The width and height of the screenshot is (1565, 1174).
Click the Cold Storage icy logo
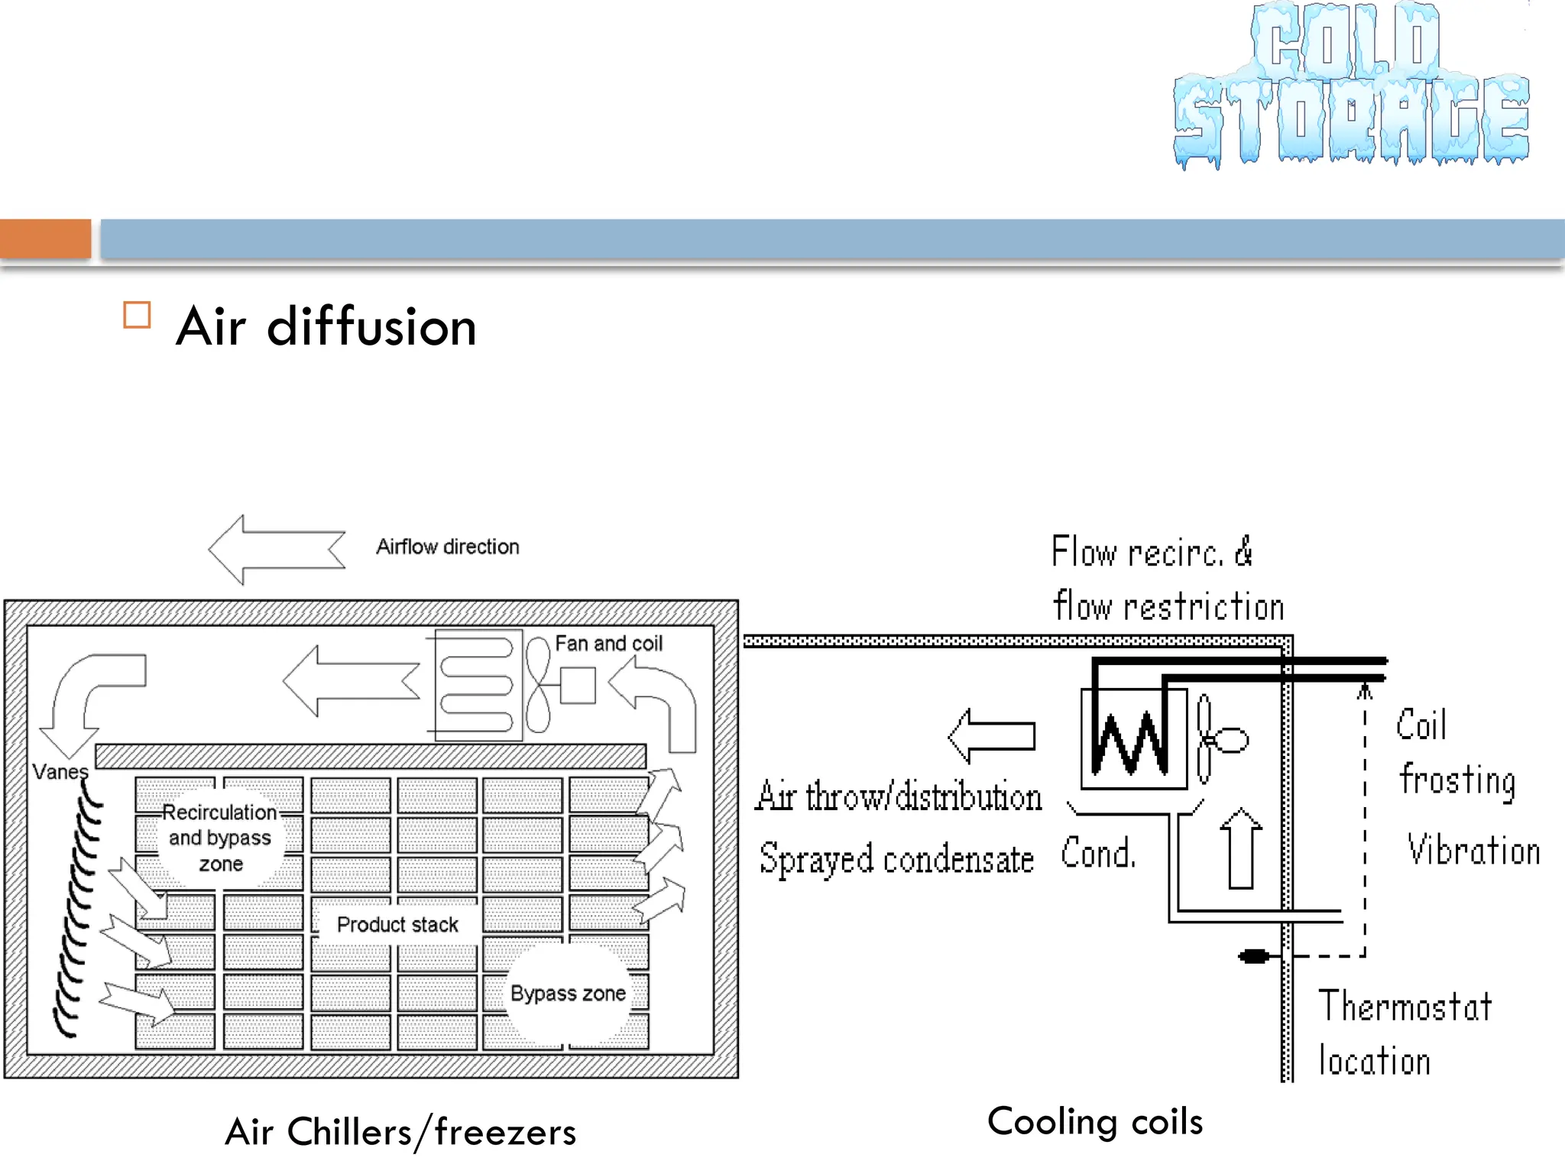point(1351,86)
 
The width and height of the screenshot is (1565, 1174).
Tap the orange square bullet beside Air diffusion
point(137,315)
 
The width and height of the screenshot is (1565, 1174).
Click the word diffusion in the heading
point(372,327)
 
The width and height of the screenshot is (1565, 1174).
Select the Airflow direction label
point(447,547)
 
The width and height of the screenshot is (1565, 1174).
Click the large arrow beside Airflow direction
point(277,550)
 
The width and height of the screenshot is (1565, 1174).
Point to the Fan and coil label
point(608,644)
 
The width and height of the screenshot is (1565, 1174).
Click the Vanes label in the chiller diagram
point(60,772)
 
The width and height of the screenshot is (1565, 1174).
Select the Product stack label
point(397,925)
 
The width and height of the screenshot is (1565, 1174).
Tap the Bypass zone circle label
point(568,994)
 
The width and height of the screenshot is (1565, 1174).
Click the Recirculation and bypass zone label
point(220,838)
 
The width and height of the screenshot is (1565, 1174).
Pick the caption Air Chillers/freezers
point(400,1132)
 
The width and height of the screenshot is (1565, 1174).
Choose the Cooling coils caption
point(1094,1122)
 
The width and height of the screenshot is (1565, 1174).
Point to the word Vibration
point(1473,851)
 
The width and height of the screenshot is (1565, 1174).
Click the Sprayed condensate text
point(896,859)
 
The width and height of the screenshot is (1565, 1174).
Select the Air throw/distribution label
point(899,797)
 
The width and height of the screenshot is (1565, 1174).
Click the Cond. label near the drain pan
point(1098,853)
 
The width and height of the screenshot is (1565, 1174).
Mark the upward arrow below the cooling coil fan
point(1240,848)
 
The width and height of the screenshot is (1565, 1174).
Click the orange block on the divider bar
point(45,238)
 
